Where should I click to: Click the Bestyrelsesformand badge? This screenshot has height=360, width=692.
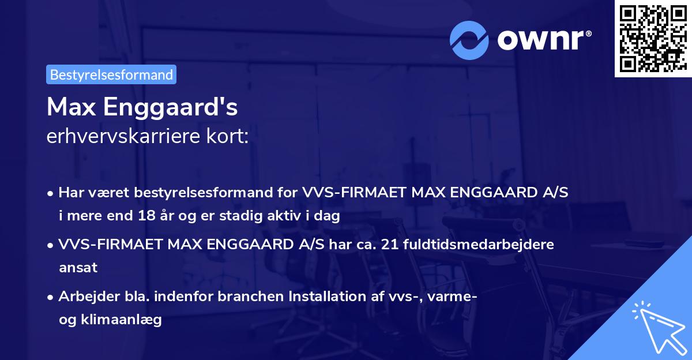click(111, 74)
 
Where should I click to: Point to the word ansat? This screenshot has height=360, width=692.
click(77, 268)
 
